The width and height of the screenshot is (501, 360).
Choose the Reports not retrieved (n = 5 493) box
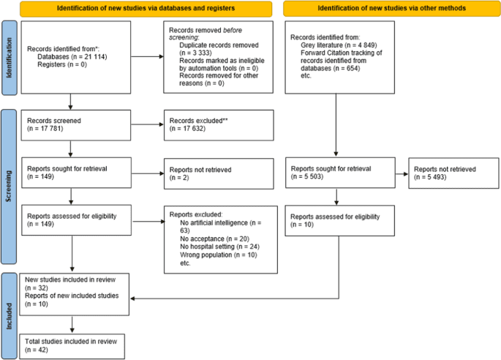tap(451, 172)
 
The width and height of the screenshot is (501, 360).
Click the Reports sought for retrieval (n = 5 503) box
tap(336, 172)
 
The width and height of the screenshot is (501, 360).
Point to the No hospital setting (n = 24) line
tap(219, 247)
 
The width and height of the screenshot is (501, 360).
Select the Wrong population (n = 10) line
tap(217, 255)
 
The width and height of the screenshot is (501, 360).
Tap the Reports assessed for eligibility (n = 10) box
tap(336, 221)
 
